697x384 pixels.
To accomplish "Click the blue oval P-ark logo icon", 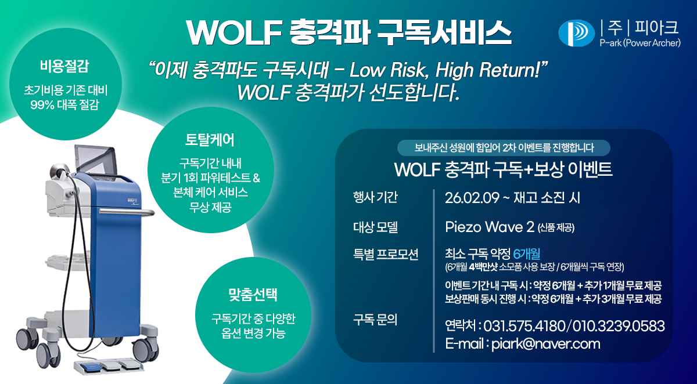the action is [x=576, y=33].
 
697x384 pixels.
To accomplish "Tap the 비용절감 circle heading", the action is [x=64, y=66].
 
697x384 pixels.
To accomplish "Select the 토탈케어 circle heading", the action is [x=210, y=140].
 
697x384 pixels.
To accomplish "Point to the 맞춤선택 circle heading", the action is [x=253, y=295].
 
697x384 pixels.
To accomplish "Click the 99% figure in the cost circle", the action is [x=42, y=104].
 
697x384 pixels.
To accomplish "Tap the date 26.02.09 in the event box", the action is [x=472, y=198].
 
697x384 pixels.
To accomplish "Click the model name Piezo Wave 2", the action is [x=490, y=227].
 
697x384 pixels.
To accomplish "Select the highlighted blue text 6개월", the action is [x=526, y=254].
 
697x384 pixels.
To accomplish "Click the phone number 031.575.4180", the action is [x=524, y=326].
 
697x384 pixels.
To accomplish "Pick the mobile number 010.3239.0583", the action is [x=618, y=326].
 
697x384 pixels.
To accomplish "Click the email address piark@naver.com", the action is [x=546, y=344].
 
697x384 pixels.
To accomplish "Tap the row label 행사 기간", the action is [x=375, y=197].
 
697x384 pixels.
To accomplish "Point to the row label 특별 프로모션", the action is [x=386, y=255].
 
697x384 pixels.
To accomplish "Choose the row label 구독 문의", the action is [x=375, y=320].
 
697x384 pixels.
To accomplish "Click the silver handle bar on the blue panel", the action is [x=127, y=212].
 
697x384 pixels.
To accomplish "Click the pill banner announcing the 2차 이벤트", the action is [x=504, y=147].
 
